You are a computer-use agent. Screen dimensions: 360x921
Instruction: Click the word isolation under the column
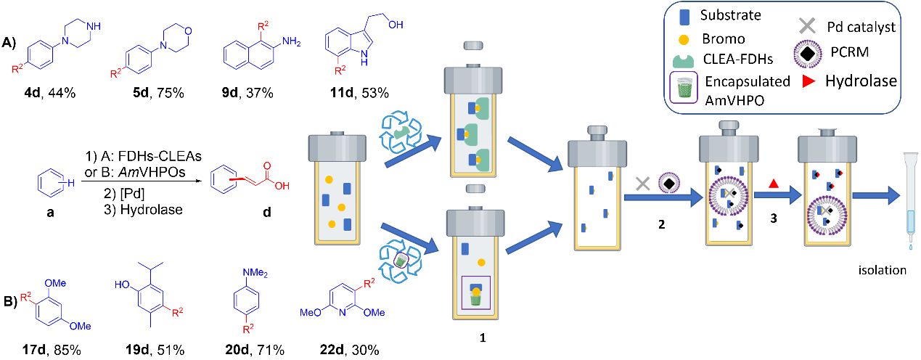[880, 270]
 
